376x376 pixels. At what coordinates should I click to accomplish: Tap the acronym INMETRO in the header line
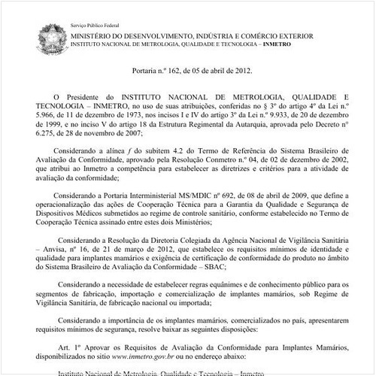[x=279, y=44]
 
